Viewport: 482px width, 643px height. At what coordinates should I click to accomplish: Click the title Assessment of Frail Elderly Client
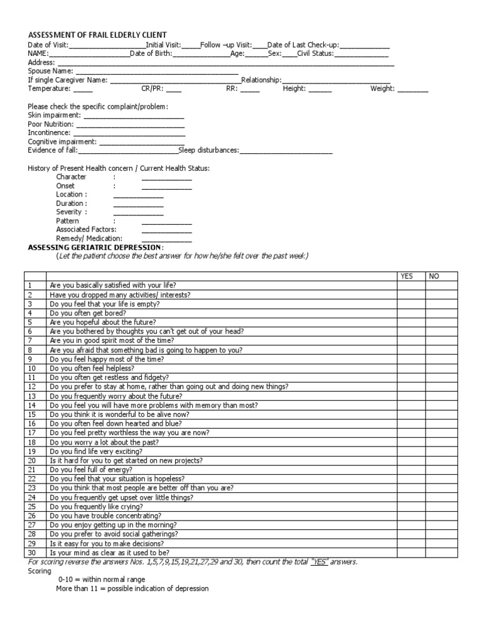(97, 35)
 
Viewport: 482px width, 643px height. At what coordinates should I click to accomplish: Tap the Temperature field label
(49, 89)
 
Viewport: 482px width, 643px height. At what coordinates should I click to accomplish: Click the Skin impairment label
(54, 116)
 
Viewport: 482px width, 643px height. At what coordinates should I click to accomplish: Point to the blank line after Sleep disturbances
(286, 151)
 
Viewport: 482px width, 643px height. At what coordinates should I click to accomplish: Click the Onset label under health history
(65, 186)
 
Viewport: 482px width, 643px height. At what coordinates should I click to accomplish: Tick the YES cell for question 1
(410, 285)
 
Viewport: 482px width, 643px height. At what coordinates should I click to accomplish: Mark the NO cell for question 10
(442, 368)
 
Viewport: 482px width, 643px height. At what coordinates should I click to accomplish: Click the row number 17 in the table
(31, 433)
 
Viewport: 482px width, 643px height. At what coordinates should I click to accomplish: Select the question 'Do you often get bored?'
(88, 313)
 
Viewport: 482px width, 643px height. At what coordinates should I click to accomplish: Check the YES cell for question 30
(410, 552)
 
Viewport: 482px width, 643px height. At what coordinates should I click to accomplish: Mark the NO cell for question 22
(442, 478)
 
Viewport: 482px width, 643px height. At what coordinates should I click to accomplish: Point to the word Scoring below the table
(40, 571)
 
